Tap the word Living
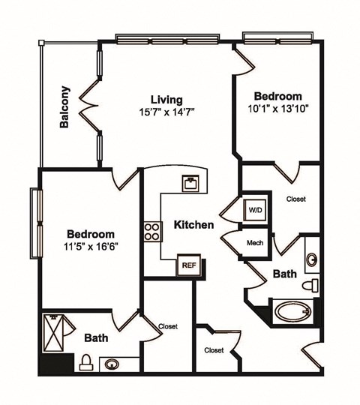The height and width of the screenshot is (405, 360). (166, 99)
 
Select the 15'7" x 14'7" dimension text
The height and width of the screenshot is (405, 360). (166, 112)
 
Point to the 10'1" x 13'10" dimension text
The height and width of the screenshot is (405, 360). (278, 109)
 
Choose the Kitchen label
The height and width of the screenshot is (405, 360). (194, 224)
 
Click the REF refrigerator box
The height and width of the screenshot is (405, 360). (187, 264)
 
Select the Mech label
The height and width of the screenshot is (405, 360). (253, 243)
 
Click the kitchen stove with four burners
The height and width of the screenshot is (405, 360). (152, 231)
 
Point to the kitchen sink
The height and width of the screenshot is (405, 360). (189, 182)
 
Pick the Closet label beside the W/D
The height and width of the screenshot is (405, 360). (295, 199)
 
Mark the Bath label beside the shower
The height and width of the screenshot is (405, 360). (97, 337)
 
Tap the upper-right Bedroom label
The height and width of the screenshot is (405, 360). (278, 96)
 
